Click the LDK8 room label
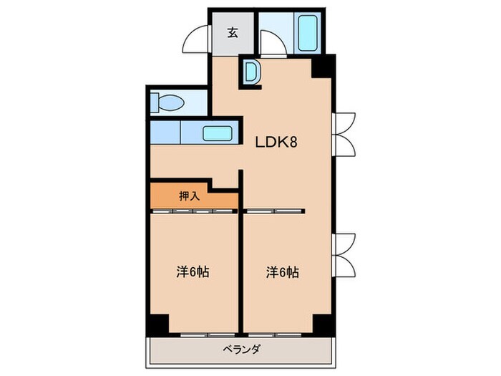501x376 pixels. [276, 142]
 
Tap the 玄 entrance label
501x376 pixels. [233, 33]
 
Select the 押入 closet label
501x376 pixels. [190, 196]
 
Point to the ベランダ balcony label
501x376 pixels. [241, 350]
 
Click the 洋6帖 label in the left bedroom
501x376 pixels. [193, 272]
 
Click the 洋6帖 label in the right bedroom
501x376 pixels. [283, 272]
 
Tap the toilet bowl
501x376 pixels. [167, 102]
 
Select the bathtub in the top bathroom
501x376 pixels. [308, 33]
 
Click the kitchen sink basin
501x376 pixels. [218, 133]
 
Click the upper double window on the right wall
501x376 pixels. [344, 135]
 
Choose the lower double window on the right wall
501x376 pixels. [344, 256]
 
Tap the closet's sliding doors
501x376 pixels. [194, 211]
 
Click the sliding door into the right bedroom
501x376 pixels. [274, 211]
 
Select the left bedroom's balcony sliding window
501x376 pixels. [208, 334]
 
